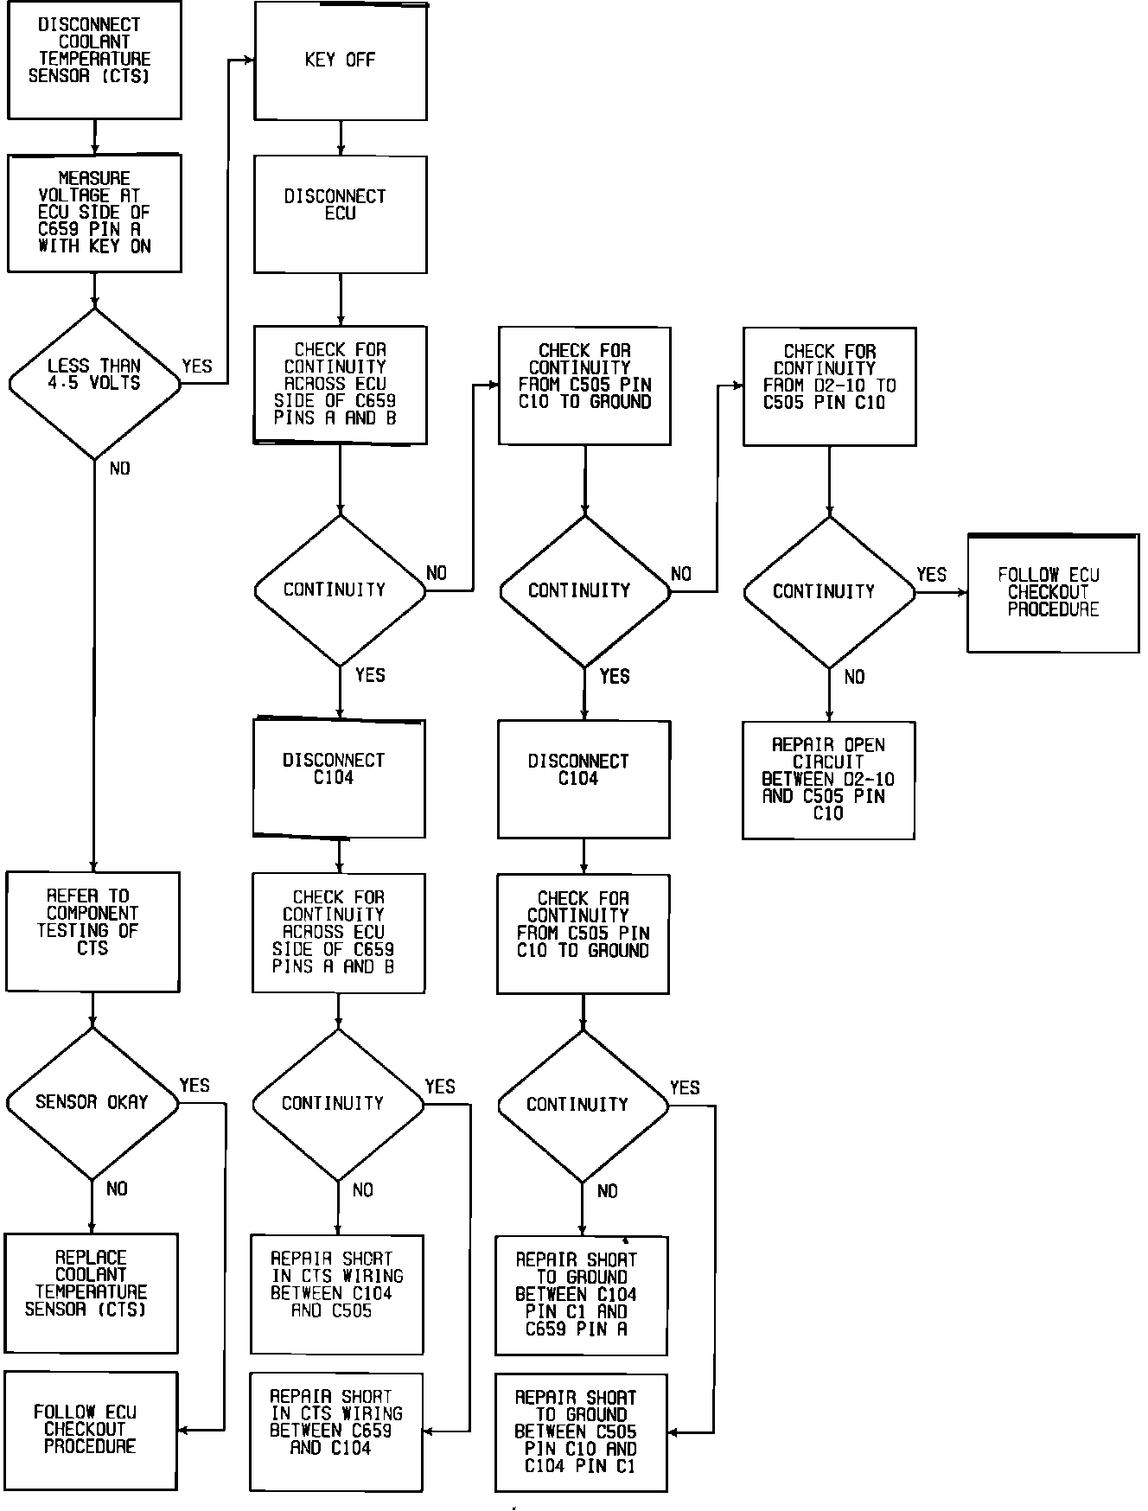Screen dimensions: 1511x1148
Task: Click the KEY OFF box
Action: click(x=340, y=61)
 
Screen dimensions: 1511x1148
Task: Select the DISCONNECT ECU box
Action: click(x=340, y=214)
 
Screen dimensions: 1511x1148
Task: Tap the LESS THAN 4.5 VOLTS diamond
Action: click(x=94, y=383)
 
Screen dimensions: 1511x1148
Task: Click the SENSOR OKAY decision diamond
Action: click(x=92, y=1103)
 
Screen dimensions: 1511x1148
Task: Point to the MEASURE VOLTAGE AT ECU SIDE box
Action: click(x=94, y=213)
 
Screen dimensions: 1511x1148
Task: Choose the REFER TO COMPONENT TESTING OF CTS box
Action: click(x=92, y=931)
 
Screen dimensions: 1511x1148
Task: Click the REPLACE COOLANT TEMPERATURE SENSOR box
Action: click(x=91, y=1292)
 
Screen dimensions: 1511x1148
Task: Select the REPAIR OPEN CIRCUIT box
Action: click(x=828, y=780)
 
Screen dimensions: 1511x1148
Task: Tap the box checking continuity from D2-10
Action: click(x=829, y=386)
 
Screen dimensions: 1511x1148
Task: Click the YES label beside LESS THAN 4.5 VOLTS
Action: click(x=197, y=367)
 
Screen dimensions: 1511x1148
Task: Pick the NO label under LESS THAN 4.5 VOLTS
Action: click(x=120, y=469)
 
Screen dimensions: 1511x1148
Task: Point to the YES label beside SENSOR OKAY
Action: click(x=195, y=1086)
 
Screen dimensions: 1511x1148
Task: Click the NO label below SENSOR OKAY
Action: click(x=117, y=1189)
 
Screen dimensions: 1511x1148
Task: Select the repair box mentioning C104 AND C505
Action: click(x=336, y=1294)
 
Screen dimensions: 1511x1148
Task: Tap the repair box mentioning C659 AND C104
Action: click(x=336, y=1431)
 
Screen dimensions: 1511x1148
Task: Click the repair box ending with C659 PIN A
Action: click(x=581, y=1295)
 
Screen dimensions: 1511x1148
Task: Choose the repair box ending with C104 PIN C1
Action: click(x=581, y=1432)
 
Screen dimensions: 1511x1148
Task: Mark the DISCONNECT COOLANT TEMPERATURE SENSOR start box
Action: click(x=94, y=60)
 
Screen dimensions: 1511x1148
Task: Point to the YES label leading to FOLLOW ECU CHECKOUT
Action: click(x=931, y=575)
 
